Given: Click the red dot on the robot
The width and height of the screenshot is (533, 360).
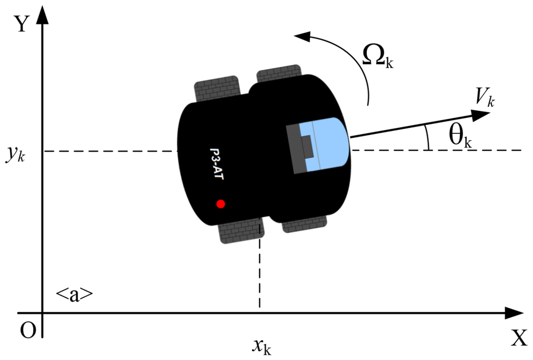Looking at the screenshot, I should pyautogui.click(x=220, y=204).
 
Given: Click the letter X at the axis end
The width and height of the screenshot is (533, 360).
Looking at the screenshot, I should pyautogui.click(x=518, y=338).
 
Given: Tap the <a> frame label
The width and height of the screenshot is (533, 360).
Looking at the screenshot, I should pyautogui.click(x=74, y=294).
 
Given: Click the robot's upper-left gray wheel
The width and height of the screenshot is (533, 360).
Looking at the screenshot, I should pyautogui.click(x=217, y=89).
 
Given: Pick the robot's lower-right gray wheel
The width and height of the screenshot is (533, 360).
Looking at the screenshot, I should pyautogui.click(x=304, y=224).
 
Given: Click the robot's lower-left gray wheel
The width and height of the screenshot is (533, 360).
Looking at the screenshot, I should pyautogui.click(x=242, y=231).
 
